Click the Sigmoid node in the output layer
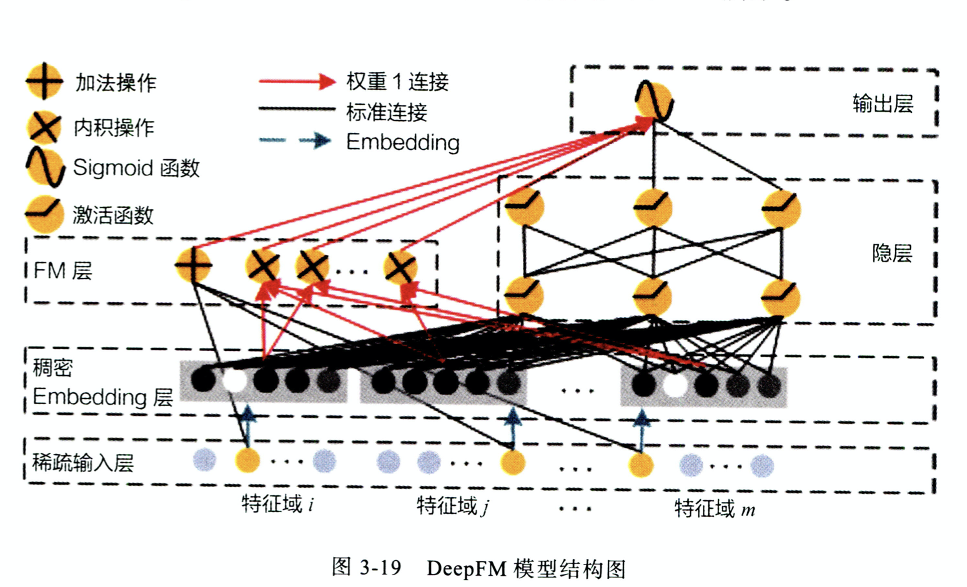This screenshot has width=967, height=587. coord(654,101)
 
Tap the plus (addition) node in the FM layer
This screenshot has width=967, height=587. coord(193,265)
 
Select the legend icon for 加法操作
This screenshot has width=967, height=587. coord(44,81)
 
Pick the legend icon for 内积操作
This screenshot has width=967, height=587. coord(44,127)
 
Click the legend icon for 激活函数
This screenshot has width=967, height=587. coord(44,214)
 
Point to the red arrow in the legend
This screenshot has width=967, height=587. coord(297,81)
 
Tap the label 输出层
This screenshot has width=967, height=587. coord(883,104)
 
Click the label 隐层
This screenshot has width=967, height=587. coord(891,253)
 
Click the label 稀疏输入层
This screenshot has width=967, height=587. coord(83,463)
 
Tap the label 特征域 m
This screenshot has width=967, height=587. coord(714,509)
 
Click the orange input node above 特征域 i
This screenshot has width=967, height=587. coord(247,461)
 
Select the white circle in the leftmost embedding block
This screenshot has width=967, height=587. coord(234,380)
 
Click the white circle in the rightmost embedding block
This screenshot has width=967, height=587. coord(675,385)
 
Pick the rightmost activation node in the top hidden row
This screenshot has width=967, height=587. coord(781,208)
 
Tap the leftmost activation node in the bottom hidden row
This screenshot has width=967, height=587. coord(524,295)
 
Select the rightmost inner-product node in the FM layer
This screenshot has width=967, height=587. coord(400,267)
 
